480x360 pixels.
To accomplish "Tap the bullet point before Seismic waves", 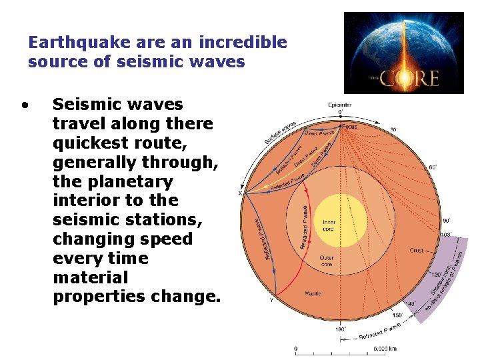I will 25,105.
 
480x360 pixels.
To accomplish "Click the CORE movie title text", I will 411,79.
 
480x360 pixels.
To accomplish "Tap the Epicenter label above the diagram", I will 340,104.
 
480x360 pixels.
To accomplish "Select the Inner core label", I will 340,224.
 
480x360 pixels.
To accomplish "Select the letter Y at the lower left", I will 271,300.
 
